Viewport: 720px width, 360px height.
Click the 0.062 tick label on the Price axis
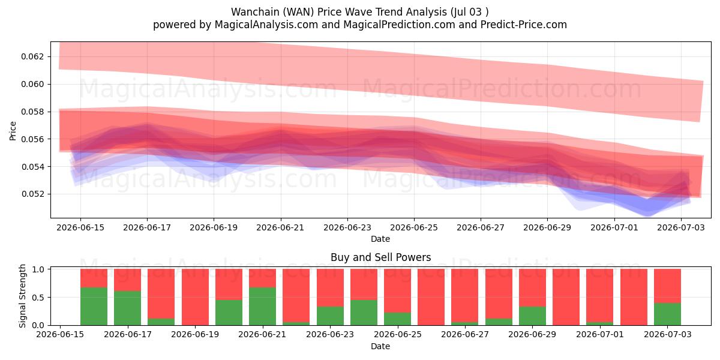pos(32,56)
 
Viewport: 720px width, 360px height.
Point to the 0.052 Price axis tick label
pos(32,194)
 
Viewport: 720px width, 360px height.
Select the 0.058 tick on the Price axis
pos(32,112)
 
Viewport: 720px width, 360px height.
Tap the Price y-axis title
pos(13,131)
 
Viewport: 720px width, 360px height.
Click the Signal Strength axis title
pos(22,296)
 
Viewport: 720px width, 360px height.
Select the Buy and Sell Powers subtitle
pos(380,257)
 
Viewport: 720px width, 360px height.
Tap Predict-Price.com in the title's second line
pos(524,25)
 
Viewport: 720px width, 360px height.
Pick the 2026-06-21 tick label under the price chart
pos(280,227)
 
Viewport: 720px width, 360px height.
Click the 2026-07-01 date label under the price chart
pos(614,227)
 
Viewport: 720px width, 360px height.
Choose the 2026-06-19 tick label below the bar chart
pos(195,334)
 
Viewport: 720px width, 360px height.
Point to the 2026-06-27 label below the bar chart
pos(465,334)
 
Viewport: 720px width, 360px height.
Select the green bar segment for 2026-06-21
pos(262,307)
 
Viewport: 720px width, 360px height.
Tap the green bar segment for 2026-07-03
pos(667,314)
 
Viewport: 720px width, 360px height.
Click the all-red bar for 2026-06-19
pos(195,297)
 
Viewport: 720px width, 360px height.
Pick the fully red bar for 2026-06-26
pos(431,297)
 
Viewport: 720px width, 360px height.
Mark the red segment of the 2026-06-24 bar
pos(364,284)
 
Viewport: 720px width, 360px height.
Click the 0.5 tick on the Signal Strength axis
pos(39,298)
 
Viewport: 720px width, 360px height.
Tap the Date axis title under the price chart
pos(380,239)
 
